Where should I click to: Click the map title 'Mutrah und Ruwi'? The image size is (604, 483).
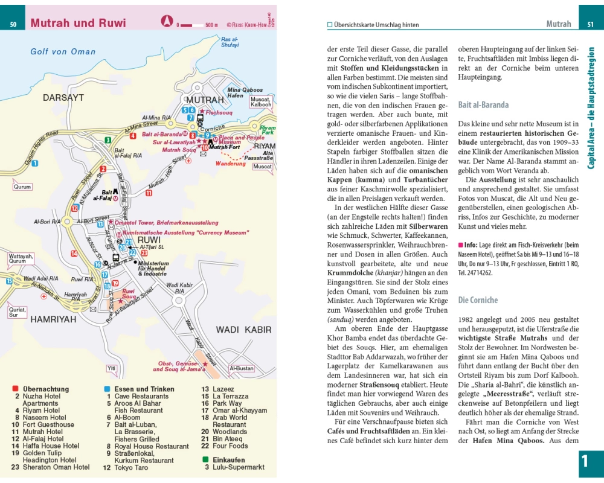point(78,24)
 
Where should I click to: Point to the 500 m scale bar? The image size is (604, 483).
point(197,25)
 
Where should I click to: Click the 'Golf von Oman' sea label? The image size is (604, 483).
point(63,52)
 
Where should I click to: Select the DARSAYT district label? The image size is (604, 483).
point(63,97)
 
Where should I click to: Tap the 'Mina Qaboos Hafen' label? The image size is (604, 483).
point(245,93)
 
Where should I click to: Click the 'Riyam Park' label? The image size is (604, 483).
point(267,130)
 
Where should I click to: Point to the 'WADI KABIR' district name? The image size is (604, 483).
point(244,330)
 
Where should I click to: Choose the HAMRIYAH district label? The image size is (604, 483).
point(53,318)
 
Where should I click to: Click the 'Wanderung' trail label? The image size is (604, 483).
point(231,164)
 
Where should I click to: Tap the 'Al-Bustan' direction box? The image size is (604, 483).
point(242,368)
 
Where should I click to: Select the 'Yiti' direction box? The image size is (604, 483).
point(111,368)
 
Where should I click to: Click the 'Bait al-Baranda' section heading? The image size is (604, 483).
point(483,104)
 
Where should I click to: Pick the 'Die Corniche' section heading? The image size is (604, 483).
point(478,300)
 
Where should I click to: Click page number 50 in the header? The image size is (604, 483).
point(13,24)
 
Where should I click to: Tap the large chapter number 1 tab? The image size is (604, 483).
point(584,462)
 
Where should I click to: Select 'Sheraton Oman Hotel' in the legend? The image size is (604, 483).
point(56,467)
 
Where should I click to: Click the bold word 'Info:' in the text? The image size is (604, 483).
point(470,246)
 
